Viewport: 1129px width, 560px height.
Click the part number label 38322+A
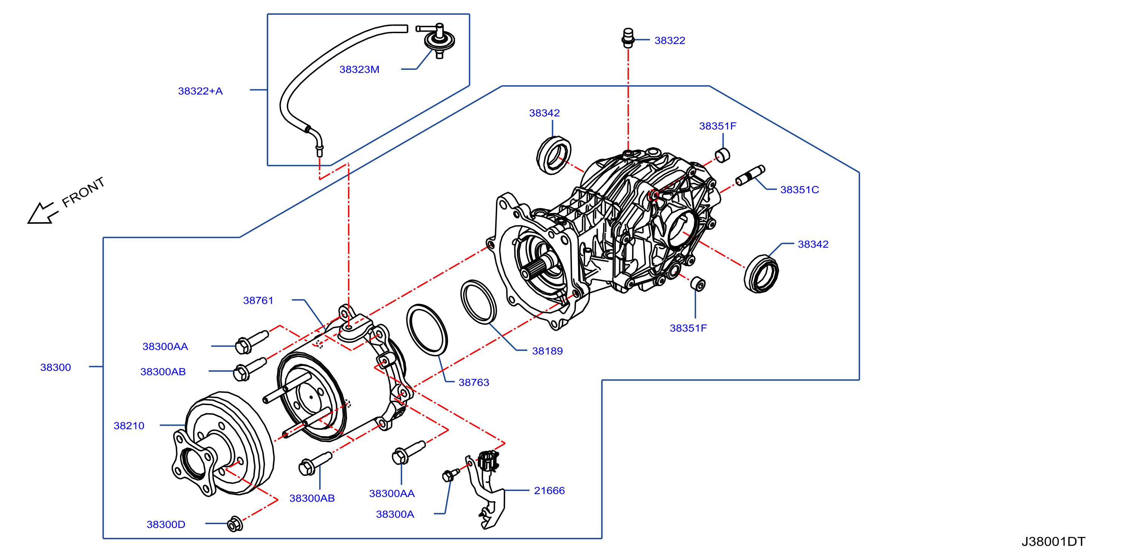tap(200, 91)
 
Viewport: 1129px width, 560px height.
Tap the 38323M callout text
tap(359, 69)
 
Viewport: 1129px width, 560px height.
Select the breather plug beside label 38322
tap(628, 38)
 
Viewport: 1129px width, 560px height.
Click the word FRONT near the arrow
tap(83, 192)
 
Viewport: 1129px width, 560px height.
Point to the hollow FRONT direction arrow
tap(42, 213)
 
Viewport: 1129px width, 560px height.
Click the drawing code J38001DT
tap(1053, 542)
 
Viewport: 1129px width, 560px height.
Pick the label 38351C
tap(800, 190)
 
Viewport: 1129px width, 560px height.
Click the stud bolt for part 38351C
tap(750, 175)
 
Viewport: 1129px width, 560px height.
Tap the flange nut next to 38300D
tap(235, 524)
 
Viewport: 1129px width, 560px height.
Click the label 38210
tap(129, 426)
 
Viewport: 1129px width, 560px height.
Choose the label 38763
tap(474, 382)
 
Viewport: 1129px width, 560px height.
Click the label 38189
tap(548, 351)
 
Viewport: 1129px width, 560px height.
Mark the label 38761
tap(258, 301)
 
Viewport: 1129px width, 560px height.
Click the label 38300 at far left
tap(56, 367)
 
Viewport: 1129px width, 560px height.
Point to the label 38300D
tap(166, 525)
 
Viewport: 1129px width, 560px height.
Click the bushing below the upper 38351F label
tap(722, 155)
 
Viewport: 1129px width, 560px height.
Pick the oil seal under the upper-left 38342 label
tap(554, 155)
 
